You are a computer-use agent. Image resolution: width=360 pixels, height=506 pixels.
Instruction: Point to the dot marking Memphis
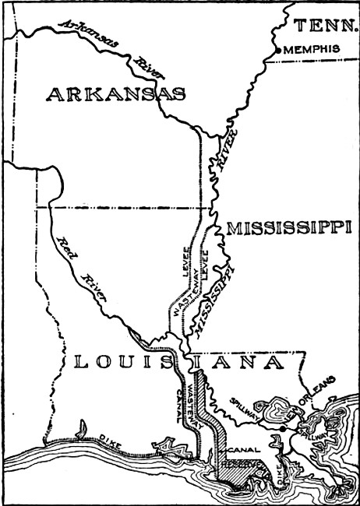tap(278, 51)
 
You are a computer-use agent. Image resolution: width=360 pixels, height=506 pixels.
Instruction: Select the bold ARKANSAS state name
tap(116, 95)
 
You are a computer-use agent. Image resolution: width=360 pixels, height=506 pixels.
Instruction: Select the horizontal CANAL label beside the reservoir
tap(240, 450)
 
